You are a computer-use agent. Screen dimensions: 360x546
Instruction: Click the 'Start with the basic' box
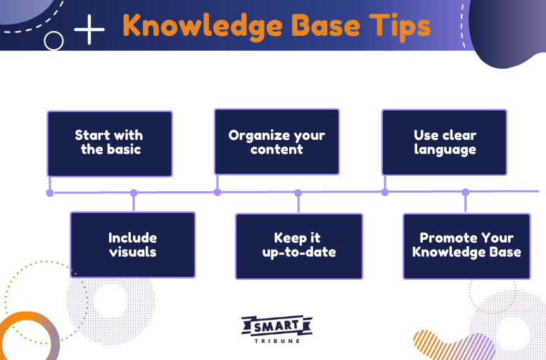click(x=109, y=143)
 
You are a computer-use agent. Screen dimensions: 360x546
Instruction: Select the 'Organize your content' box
click(x=277, y=141)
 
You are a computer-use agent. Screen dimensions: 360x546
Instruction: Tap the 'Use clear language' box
click(x=444, y=142)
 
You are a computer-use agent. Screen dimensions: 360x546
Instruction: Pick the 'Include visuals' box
click(x=132, y=245)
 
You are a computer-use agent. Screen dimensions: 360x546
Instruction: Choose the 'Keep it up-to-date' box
click(x=298, y=245)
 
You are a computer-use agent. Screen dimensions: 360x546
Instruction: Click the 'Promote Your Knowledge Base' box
click(x=466, y=245)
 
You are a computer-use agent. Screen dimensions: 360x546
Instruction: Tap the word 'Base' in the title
click(x=318, y=25)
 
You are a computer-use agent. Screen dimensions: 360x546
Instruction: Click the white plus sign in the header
click(x=89, y=30)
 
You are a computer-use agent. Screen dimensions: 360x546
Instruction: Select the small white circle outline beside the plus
click(x=53, y=41)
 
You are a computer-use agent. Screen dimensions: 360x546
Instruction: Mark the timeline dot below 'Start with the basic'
click(x=49, y=193)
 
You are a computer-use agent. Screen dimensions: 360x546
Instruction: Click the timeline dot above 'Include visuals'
click(x=134, y=193)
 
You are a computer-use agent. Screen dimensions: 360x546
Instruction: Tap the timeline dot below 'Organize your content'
click(x=217, y=192)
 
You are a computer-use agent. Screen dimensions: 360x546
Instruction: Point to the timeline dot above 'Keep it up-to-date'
click(x=298, y=193)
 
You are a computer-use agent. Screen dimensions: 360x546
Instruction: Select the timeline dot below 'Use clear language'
click(x=385, y=192)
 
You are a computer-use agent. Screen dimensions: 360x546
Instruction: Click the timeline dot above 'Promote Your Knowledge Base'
click(x=465, y=192)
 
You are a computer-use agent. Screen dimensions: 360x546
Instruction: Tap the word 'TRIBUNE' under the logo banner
click(x=277, y=340)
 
